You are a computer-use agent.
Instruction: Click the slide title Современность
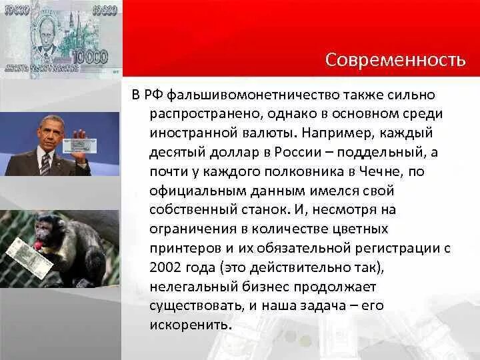[395, 60]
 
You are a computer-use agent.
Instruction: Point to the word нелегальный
[191, 287]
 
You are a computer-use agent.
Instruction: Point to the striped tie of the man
[45, 164]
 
